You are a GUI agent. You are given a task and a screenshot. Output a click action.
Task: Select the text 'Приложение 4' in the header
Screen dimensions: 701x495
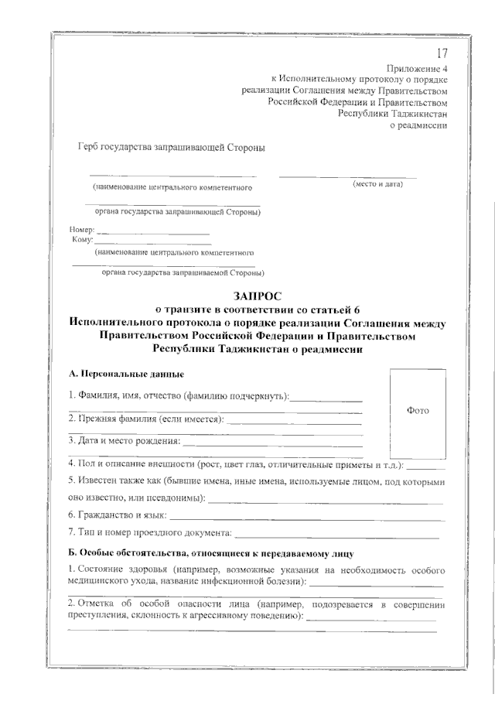coord(417,68)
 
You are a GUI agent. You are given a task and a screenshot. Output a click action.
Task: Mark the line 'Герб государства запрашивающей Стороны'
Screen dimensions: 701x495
coord(171,148)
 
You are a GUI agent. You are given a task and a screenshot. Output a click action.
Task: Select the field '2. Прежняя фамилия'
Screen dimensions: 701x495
coord(146,419)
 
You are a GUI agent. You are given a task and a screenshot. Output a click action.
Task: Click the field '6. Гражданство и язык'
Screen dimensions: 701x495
coord(118,514)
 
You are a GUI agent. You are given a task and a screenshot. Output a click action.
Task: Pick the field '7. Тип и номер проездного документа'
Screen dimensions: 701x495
coord(149,532)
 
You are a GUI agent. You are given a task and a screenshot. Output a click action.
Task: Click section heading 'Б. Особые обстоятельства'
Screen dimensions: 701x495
coord(210,554)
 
